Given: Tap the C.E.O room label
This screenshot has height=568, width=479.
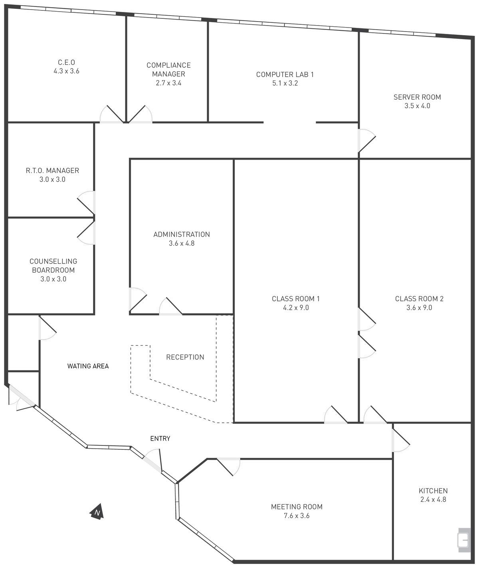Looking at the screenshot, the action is pos(66,62).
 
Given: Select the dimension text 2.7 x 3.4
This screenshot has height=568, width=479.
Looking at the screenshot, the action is pos(168,83).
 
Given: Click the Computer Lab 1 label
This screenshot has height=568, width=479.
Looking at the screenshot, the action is pos(285,75).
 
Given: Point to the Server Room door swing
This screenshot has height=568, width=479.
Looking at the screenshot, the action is pos(367,141).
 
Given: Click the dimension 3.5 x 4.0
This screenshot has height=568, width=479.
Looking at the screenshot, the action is pos(417,106).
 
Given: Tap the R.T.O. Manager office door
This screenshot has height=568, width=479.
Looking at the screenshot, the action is pos(86,203).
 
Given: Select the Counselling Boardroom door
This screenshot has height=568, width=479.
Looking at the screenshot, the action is pos(86,233).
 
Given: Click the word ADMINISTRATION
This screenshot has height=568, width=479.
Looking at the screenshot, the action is pos(182,234).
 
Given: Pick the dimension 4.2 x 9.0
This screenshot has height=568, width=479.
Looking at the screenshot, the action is pos(296,308).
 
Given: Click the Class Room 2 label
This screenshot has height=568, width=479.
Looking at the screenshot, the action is pos(419,299).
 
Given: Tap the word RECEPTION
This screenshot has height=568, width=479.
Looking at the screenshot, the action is pos(185,357).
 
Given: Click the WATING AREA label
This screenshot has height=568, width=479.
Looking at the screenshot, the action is pos(88,366).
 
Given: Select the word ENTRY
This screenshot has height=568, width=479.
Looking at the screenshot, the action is pos(160,438).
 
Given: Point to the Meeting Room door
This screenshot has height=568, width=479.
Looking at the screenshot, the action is pos(228,467).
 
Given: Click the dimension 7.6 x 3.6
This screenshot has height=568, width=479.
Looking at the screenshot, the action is pos(297,516).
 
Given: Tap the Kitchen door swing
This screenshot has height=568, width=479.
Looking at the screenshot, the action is pos(401,440).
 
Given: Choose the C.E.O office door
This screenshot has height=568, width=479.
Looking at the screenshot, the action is pos(111,114).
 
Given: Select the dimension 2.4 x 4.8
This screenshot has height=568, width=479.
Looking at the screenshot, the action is pos(433,499).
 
